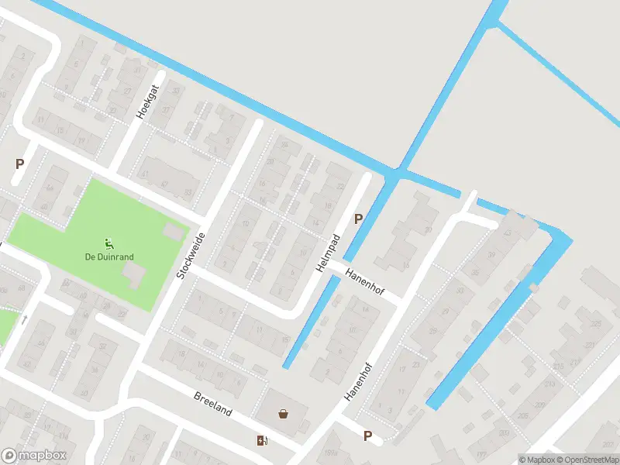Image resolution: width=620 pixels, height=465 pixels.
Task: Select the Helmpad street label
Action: pos(328,253)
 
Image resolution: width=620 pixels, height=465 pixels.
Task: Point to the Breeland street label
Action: pos(212,404)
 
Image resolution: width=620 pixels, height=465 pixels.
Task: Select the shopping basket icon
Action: pos(284,413)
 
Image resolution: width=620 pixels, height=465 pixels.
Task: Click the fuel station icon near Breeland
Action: pos(262,441)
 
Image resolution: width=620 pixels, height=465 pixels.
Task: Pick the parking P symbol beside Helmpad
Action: pos(358,219)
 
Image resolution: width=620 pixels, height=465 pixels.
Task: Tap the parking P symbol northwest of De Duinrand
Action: pos(19,164)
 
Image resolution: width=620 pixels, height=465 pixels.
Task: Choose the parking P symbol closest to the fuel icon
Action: pos(367,436)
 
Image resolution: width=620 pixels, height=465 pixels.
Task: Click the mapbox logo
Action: pos(34,456)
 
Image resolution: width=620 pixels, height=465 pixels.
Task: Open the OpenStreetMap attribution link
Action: pos(588,460)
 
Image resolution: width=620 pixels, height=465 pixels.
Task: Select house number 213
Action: pos(549,384)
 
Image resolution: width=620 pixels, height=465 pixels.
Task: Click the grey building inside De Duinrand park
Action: pos(135,274)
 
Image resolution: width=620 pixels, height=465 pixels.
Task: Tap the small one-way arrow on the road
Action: pos(24,319)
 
